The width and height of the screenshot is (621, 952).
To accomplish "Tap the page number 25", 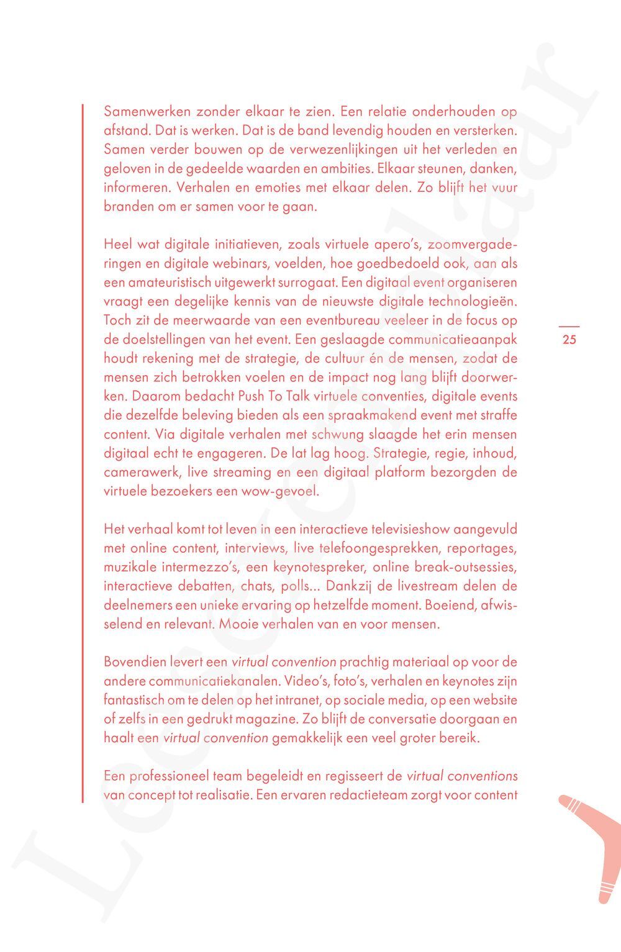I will (569, 339).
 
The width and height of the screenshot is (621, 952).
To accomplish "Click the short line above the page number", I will (569, 326).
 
